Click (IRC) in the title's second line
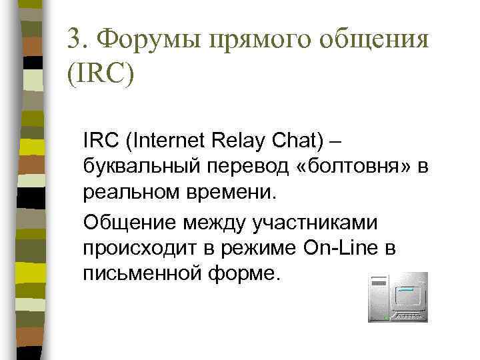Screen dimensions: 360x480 point(101,74)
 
